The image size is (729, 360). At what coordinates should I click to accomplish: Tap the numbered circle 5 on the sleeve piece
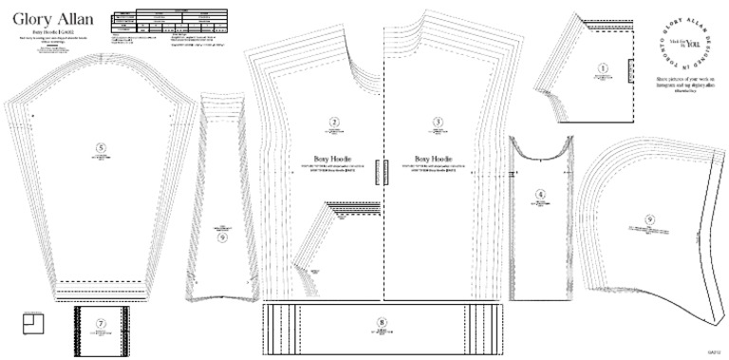(101, 146)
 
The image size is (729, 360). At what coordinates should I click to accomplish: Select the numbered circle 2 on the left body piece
(333, 122)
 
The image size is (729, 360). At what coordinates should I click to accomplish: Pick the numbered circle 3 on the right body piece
(438, 122)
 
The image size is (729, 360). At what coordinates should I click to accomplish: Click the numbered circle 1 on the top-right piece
(603, 68)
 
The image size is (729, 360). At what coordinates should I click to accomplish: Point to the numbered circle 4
(540, 194)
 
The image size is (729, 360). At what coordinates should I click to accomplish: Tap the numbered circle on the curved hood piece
(649, 219)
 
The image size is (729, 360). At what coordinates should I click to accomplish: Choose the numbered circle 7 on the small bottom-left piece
(101, 323)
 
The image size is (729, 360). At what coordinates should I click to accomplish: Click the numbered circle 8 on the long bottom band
(383, 322)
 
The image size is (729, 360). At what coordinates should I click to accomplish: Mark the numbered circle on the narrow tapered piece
(221, 237)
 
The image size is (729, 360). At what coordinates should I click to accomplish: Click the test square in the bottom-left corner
(32, 323)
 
